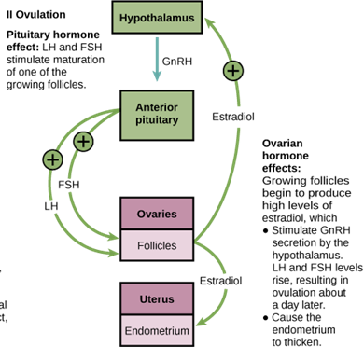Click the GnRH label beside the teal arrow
click(x=177, y=62)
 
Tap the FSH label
click(x=69, y=185)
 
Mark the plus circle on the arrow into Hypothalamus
click(x=233, y=70)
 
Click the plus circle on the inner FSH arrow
click(x=84, y=142)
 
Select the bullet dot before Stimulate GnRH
click(x=266, y=229)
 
